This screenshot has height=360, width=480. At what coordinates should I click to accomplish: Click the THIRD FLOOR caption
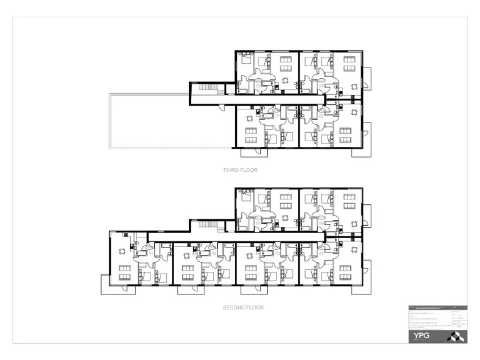point(240,170)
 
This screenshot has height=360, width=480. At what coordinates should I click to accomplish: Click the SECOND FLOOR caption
point(243,307)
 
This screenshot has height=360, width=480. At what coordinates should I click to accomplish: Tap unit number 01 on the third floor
point(277,116)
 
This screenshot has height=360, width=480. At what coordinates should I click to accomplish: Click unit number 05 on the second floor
point(258,221)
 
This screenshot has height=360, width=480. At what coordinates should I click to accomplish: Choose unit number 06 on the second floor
point(321,222)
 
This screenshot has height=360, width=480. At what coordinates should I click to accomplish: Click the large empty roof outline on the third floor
point(149,121)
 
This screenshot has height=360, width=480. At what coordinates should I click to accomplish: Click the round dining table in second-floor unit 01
point(122,248)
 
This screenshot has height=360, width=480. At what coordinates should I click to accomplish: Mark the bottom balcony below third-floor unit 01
point(251,152)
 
